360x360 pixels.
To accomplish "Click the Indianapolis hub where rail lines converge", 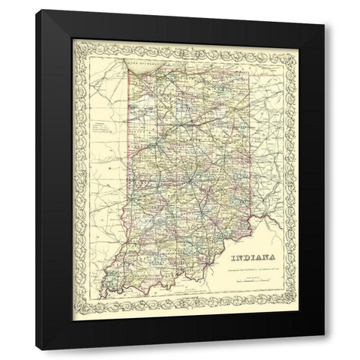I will [x=187, y=180].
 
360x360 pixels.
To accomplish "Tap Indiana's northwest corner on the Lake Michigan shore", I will [x=129, y=73].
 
